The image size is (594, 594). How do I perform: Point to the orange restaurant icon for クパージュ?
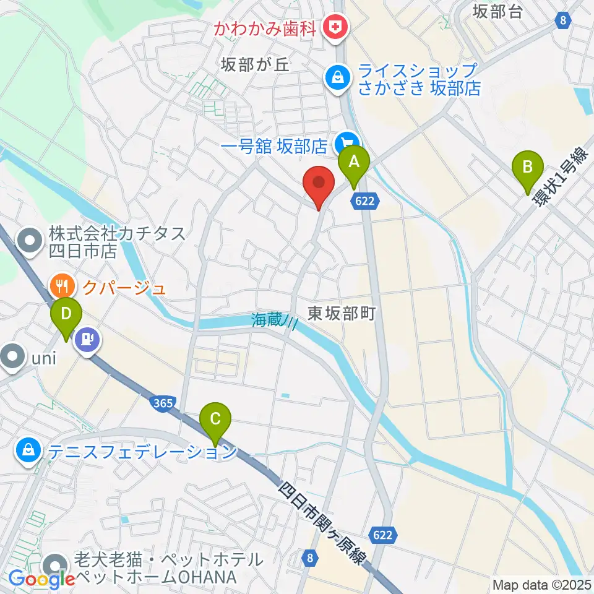point(61,286)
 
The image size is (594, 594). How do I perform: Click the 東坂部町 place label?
point(342,314)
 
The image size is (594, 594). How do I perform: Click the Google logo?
point(41,580)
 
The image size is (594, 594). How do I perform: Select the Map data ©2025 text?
point(540,584)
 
